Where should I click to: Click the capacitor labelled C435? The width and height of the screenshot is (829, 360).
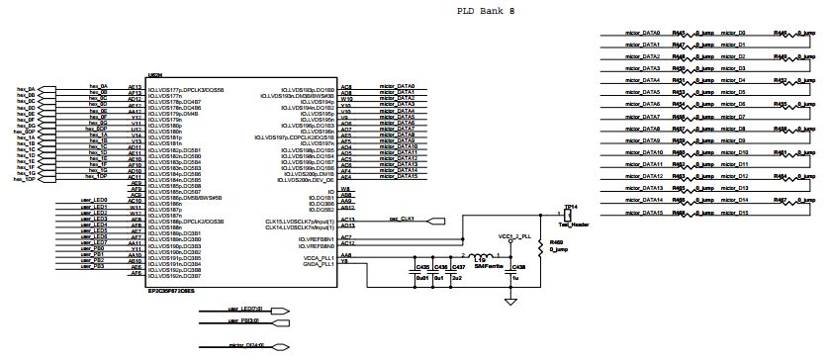pos(422,267)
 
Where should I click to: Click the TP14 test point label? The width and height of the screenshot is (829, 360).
pos(569,208)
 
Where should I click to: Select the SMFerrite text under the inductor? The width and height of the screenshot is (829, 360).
pos(487,266)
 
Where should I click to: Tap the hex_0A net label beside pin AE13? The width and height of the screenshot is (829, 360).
pos(96,87)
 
